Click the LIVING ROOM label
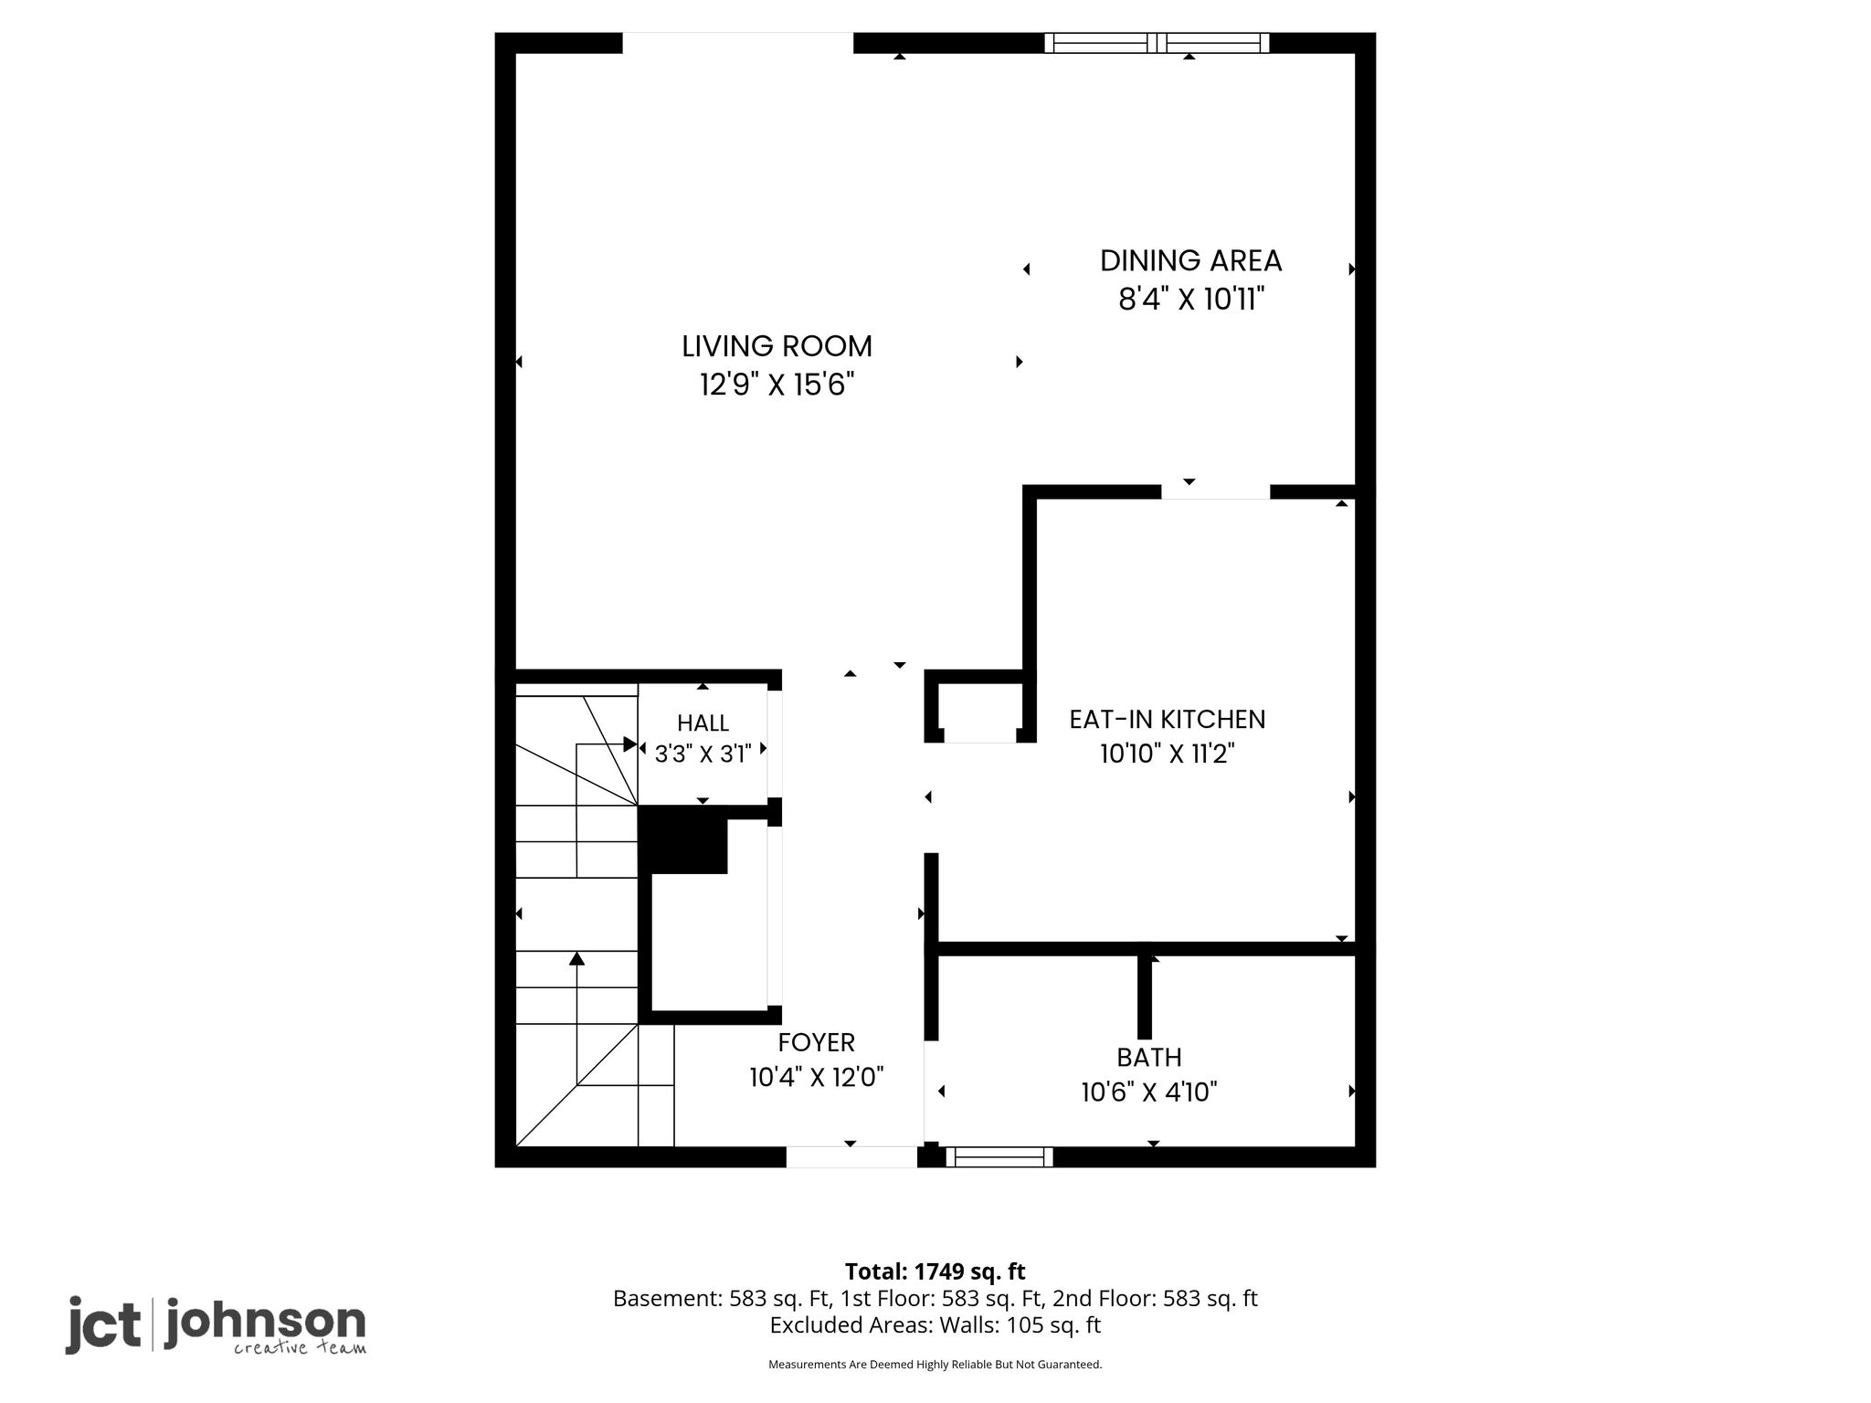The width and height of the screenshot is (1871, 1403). [x=777, y=346]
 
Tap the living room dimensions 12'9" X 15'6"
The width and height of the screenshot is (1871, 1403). [x=777, y=385]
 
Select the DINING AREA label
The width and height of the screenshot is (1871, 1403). [x=1190, y=261]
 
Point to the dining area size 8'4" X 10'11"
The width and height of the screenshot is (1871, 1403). [x=1190, y=299]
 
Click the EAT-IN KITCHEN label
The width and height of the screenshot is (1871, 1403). [x=1168, y=720]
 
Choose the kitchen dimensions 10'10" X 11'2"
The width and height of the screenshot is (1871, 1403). [x=1168, y=754]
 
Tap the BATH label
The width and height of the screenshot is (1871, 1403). [x=1149, y=1058]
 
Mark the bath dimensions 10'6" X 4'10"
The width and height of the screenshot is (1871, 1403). [x=1149, y=1092]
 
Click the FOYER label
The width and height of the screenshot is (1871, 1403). [x=817, y=1042]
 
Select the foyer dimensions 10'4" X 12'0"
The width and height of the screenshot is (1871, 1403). [x=817, y=1078]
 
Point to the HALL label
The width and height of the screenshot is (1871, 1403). [x=703, y=723]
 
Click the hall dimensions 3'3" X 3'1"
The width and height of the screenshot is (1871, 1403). [x=703, y=754]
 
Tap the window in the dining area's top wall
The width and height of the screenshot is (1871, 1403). [x=1157, y=43]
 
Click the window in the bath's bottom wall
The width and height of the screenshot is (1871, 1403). [x=999, y=1157]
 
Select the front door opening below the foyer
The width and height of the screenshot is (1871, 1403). [x=851, y=1157]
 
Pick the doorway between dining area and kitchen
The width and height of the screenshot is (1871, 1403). [x=1215, y=492]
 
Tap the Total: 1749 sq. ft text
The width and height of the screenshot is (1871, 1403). [x=935, y=1271]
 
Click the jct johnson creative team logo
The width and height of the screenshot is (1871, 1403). [x=216, y=1324]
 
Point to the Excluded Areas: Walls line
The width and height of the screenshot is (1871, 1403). [x=935, y=1325]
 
